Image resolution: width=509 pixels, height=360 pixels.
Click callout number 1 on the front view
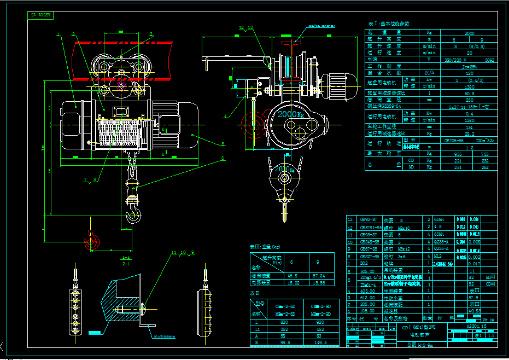pos(57,34)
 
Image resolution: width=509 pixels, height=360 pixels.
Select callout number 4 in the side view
pos(225,117)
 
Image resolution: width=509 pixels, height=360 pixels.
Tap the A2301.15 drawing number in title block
pos(476,326)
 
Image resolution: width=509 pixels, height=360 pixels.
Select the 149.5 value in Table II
pos(320,342)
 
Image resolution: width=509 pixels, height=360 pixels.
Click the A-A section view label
pos(126,258)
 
